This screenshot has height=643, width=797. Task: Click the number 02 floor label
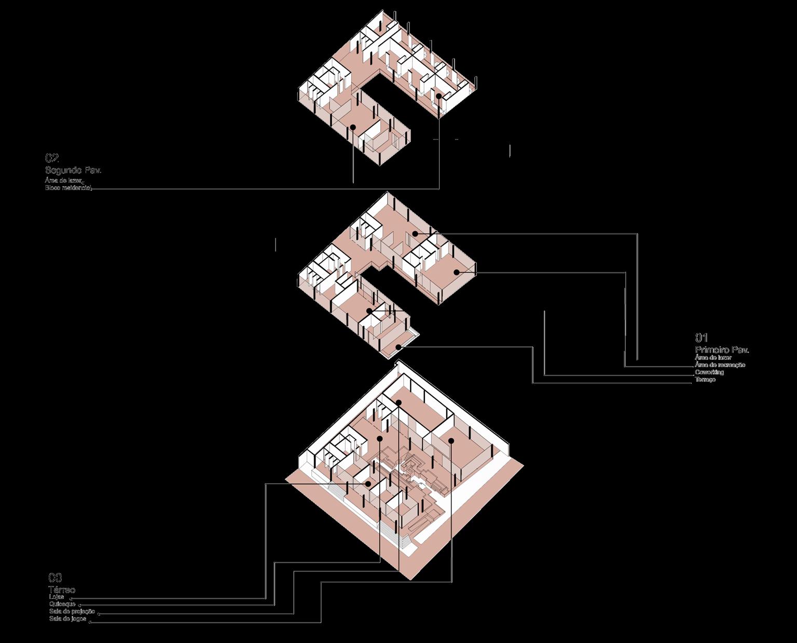(x=52, y=158)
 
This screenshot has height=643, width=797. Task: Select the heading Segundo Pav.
(x=73, y=170)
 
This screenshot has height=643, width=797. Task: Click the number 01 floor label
(x=701, y=338)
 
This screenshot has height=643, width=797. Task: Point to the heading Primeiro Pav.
(x=722, y=350)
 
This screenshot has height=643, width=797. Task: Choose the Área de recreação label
(x=720, y=365)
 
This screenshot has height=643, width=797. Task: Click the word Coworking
(x=709, y=372)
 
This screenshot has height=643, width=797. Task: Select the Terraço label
(x=705, y=380)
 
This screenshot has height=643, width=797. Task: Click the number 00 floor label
(x=55, y=578)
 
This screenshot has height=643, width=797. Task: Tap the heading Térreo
(x=62, y=590)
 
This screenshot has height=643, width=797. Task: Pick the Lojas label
(x=57, y=597)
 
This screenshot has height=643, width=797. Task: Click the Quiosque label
(x=62, y=605)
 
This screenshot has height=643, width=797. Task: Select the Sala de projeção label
(x=72, y=612)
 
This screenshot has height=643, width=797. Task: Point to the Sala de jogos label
(x=67, y=619)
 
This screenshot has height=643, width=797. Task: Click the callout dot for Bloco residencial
(x=438, y=96)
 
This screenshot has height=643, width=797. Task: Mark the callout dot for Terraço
(x=398, y=347)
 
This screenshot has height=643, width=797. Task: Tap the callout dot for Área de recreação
(x=457, y=272)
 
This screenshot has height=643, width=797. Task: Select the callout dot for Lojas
(x=368, y=483)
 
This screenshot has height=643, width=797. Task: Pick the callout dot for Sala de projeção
(x=398, y=403)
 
